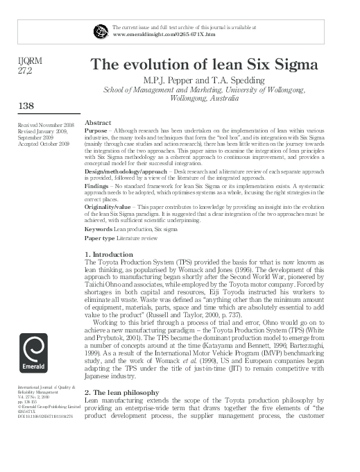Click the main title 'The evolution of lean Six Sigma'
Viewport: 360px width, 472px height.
tap(205, 65)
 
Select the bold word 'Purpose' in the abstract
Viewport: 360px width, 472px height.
tap(95, 130)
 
